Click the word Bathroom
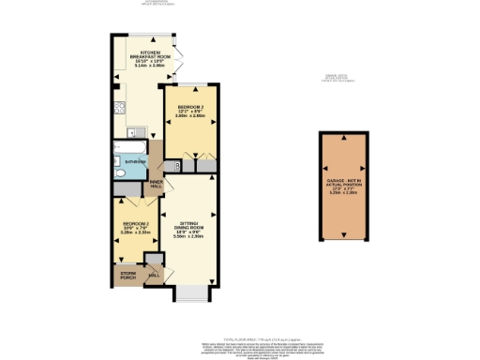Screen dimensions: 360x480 pyautogui.click(x=133, y=161)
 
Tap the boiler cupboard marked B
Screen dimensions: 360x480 pyautogui.click(x=177, y=166)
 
